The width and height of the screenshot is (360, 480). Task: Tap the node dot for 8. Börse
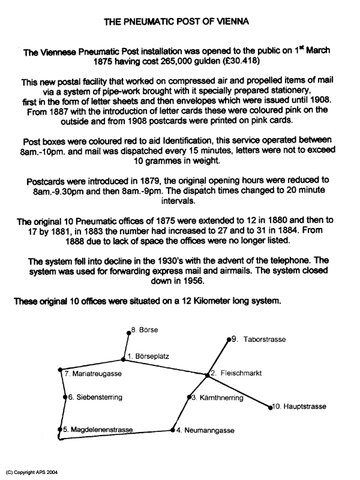click(128, 331)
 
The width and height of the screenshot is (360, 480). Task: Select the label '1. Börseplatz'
click(148, 356)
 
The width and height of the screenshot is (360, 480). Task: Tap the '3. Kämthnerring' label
click(217, 398)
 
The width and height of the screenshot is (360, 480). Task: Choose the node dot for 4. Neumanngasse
click(171, 430)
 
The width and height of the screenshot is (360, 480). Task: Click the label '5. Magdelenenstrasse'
click(97, 430)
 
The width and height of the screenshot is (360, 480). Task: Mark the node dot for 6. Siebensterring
click(65, 397)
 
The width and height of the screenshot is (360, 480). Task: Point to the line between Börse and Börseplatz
click(125, 345)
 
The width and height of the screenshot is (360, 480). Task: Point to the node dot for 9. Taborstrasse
click(229, 340)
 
